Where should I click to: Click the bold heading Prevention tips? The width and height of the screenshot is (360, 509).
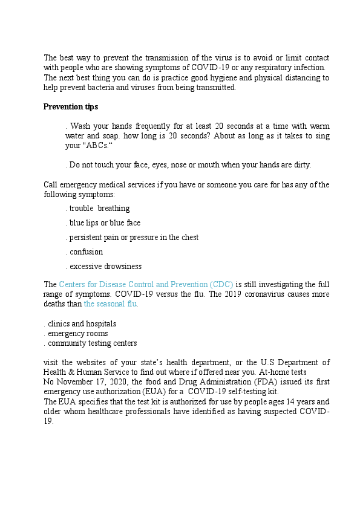point(71,107)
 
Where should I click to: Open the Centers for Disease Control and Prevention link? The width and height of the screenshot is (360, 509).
point(146,284)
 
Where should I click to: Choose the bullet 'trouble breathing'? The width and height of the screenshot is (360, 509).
point(99,209)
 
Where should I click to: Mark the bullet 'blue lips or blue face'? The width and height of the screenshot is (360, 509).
point(105,223)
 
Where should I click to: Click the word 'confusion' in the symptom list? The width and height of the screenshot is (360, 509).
point(86,252)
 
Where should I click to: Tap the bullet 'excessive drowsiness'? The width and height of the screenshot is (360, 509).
point(105,267)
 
